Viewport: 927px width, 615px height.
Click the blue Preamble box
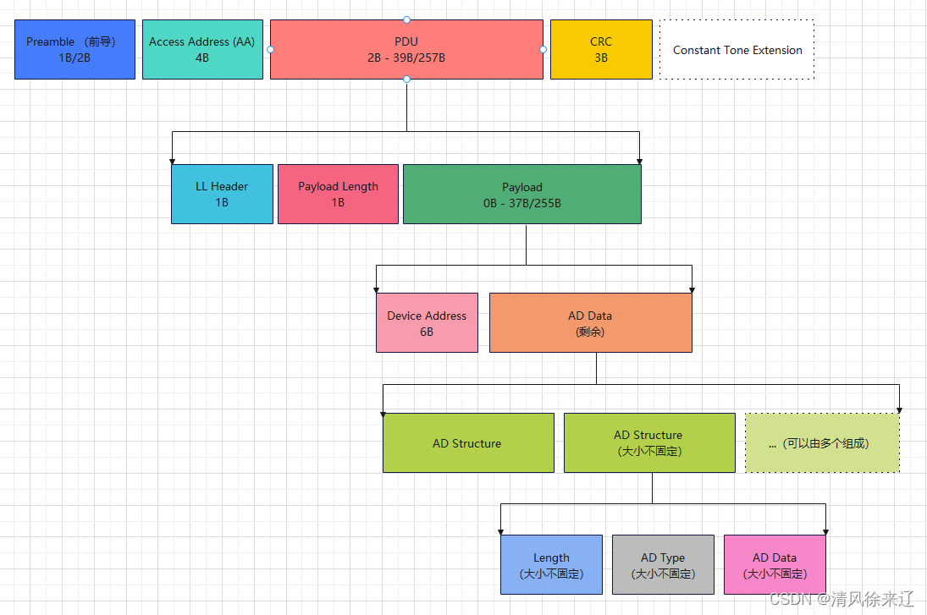pos(74,49)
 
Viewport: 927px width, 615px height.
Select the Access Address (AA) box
pos(202,49)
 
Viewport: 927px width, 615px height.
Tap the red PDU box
pos(406,49)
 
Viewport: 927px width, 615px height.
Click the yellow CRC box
pos(601,49)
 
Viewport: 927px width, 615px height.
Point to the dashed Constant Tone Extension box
pos(737,49)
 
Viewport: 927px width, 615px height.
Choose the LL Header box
pos(222,194)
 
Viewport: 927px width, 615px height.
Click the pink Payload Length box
pos(338,194)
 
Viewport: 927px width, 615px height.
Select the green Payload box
pos(521,194)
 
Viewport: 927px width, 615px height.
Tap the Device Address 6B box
pos(427,322)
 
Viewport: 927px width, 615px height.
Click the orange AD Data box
pos(590,322)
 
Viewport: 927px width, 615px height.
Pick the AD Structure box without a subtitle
pos(468,442)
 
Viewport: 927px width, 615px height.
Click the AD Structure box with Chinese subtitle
pos(648,442)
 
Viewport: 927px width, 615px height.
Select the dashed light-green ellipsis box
pos(822,442)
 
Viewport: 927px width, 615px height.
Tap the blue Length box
pos(551,564)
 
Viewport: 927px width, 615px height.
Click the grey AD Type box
pos(663,564)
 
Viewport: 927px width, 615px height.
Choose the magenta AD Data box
pos(775,564)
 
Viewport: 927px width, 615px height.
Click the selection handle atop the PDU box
pos(406,19)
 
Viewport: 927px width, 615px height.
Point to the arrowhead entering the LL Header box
pos(172,160)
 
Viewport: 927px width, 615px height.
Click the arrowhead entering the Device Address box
pos(377,288)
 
